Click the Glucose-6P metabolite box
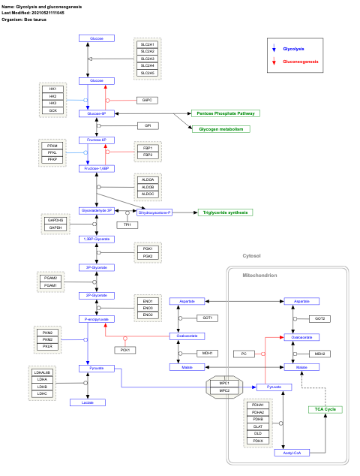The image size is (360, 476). point(96,113)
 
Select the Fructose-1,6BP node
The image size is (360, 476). point(96,169)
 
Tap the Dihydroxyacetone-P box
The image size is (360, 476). point(155,212)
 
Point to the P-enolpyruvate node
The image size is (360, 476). point(96,319)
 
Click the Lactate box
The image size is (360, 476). point(88,403)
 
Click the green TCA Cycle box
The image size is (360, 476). point(325,409)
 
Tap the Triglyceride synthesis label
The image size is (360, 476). point(225,212)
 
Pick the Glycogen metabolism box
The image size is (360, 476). point(220,129)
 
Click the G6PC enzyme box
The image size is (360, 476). point(147,100)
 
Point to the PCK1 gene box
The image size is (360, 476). point(125,350)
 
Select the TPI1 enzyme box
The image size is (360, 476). point(128,224)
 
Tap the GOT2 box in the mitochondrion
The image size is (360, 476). point(319,318)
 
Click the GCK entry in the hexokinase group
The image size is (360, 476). point(52,110)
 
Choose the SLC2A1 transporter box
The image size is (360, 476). point(148,44)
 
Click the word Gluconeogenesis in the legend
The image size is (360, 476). point(300,62)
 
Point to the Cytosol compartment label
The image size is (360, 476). point(251,256)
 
